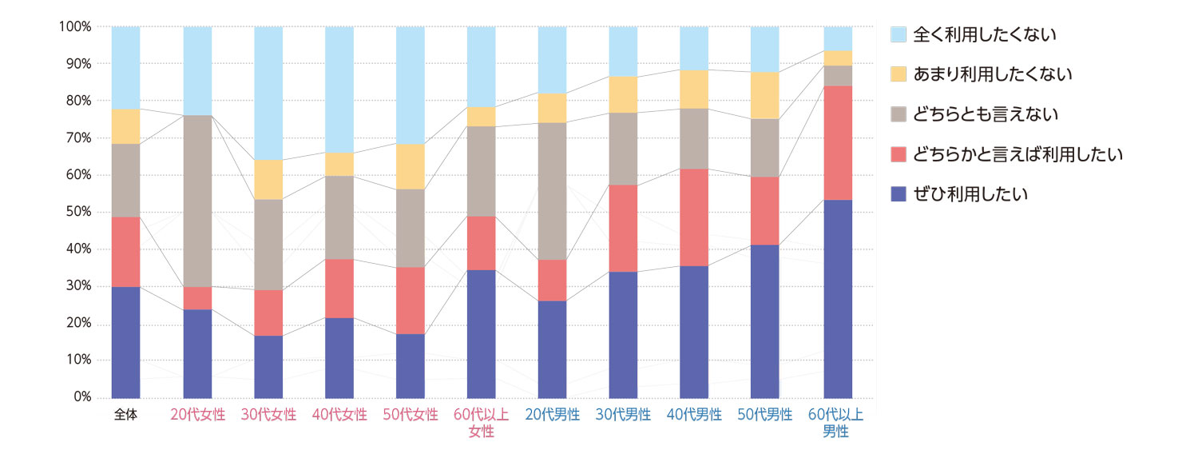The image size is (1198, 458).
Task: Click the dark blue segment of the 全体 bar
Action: coord(126,342)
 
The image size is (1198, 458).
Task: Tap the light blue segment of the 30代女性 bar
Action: coord(268,93)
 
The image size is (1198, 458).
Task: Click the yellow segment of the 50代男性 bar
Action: coord(766,95)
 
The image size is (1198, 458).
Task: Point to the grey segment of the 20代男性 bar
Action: coord(553,191)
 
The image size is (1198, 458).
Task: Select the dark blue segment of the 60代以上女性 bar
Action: coord(482,333)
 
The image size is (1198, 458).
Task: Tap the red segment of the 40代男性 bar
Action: coord(695,217)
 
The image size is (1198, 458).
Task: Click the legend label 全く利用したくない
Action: coord(984,34)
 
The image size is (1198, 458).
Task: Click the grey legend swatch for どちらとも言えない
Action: coord(898,114)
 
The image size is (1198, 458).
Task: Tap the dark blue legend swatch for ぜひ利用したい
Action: coord(898,194)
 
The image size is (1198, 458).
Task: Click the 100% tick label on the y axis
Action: coord(75,26)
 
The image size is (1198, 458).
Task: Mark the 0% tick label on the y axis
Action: coord(81,397)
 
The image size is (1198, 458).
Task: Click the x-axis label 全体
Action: coord(126,415)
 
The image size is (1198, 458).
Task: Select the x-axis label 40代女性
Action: coord(339,415)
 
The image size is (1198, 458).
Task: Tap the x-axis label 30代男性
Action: coord(624,415)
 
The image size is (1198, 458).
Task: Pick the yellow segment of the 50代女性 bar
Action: coord(411,166)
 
